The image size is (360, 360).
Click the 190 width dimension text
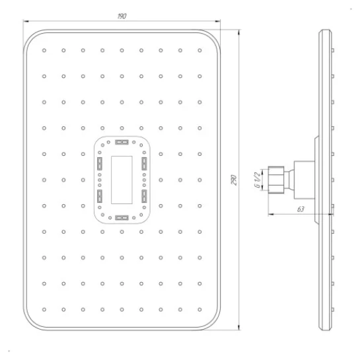122,16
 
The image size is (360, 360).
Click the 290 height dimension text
233,180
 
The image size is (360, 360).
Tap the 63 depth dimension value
301,209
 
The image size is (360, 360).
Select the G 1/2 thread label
258,180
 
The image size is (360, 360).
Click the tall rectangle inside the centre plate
122,180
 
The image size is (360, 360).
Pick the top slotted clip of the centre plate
122,142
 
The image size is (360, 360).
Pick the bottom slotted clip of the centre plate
122,218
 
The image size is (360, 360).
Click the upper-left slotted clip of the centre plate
100,164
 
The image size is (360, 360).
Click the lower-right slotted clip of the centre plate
144,196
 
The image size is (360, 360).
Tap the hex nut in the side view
276,180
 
